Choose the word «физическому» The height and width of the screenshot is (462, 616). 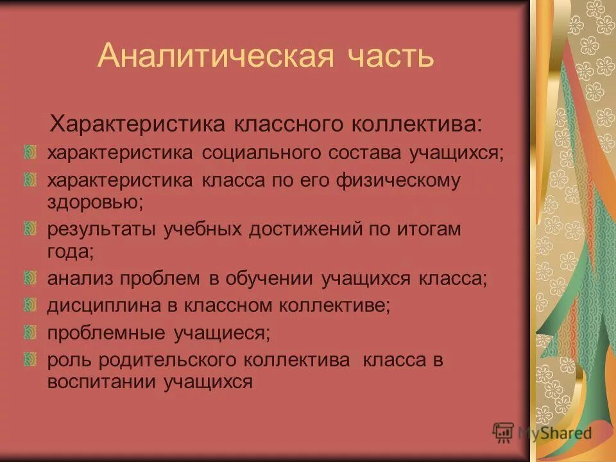click(398, 181)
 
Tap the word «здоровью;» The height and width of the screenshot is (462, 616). click(95, 203)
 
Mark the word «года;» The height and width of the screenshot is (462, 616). click(71, 252)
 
